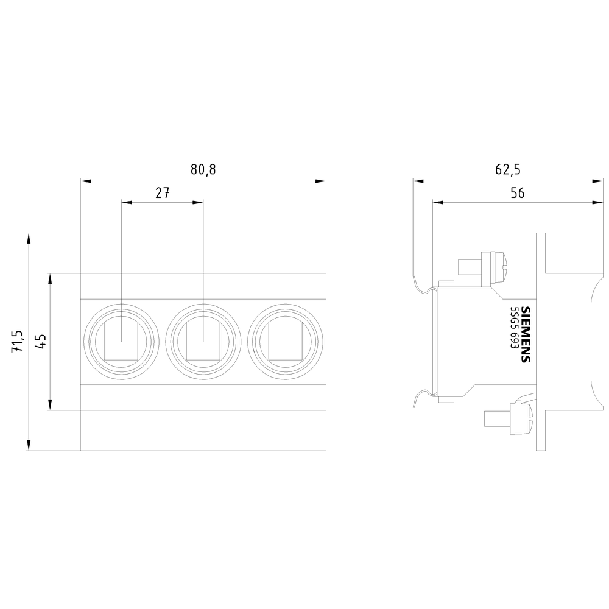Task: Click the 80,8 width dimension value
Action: tap(203, 170)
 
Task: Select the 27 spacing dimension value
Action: tap(163, 192)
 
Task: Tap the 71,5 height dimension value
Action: tap(18, 342)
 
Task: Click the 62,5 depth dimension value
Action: tap(507, 170)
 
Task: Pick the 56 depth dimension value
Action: tap(517, 192)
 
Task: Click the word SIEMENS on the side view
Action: tap(526, 334)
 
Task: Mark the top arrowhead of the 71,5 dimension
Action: tap(29, 238)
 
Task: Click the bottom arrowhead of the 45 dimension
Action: tap(50, 405)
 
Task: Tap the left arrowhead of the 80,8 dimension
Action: tap(86, 181)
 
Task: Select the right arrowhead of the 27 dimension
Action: tap(198, 202)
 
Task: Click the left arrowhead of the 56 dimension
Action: tap(438, 202)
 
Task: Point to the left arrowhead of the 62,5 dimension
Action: tap(418, 181)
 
